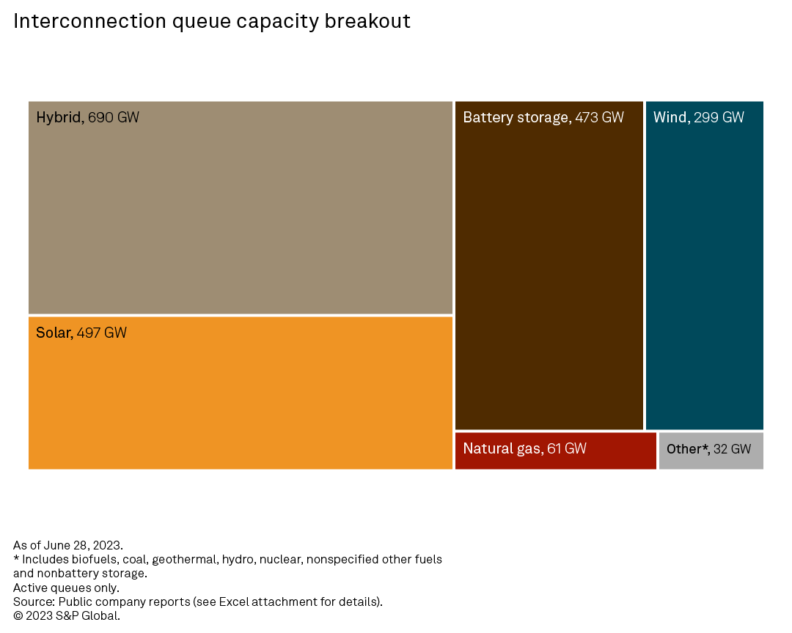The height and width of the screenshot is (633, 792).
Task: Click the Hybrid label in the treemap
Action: pos(59,117)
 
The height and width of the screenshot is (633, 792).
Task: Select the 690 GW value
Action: pos(114,117)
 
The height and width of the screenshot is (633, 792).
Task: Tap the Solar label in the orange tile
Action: pos(54,333)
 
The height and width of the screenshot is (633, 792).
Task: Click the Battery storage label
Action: pos(516,117)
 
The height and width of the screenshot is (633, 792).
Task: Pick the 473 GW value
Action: pos(599,117)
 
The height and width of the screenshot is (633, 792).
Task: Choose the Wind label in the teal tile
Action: pos(670,117)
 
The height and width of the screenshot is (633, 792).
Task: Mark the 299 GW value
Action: pos(719,117)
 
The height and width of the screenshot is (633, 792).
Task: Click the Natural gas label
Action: pos(502,448)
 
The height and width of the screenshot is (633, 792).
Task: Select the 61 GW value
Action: pos(567,448)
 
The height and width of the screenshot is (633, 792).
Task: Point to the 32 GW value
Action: pos(733,448)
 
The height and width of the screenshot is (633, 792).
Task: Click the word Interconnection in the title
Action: pos(89,21)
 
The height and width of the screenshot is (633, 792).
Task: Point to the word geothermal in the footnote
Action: pos(184,559)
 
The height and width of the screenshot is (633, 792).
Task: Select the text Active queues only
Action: pos(66,588)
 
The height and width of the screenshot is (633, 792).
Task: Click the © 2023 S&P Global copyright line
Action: pos(66,616)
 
